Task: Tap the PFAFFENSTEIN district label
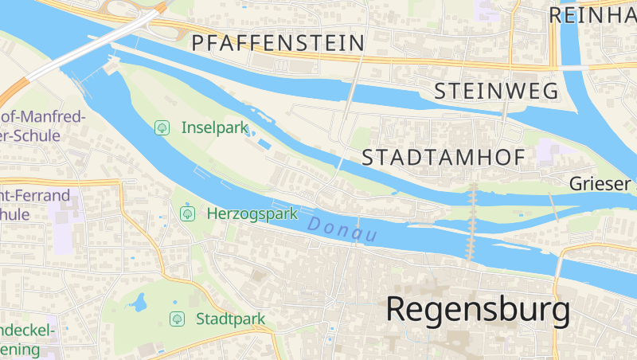pos(278,42)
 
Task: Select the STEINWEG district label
pos(496,92)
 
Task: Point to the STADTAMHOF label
pos(444,157)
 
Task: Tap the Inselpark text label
pos(215,127)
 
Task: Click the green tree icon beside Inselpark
pos(162,127)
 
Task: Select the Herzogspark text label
pos(252,213)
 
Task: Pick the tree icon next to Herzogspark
pos(188,213)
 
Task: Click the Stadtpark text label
pos(230,319)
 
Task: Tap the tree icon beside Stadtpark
pos(176,319)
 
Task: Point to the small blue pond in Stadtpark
pos(139,303)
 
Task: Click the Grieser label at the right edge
pos(602,184)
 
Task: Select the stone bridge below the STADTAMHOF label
pos(473,223)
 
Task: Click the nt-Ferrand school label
pos(35,195)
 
